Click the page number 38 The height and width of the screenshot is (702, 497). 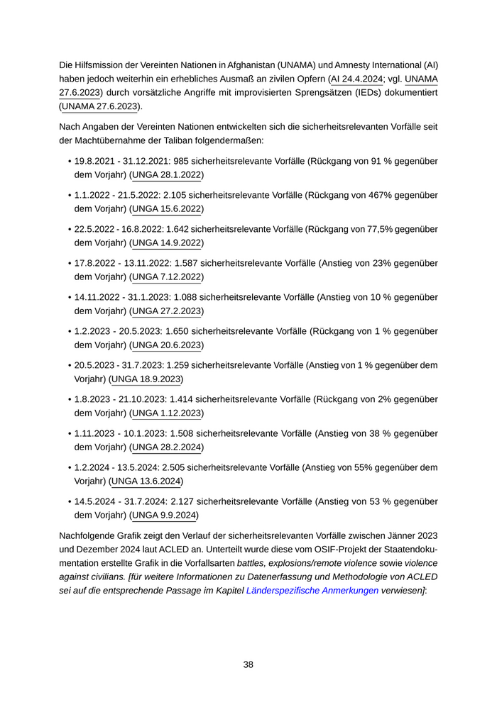coord(248,664)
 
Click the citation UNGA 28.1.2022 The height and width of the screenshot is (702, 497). coord(168,175)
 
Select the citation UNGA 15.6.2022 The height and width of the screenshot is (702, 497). coord(168,209)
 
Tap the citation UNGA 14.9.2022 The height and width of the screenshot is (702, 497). coord(168,243)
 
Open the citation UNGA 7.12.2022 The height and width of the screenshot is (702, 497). coord(168,277)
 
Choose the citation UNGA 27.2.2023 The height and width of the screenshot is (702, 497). coord(168,311)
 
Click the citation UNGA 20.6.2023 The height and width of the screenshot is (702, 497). coord(168,345)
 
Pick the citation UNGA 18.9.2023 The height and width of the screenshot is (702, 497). coord(147,379)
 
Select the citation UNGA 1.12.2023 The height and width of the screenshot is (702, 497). coord(168,413)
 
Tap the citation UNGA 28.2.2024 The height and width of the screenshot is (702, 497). coord(168,447)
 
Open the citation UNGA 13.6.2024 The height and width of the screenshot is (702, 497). coord(147,481)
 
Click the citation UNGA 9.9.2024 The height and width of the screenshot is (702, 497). coord(165,516)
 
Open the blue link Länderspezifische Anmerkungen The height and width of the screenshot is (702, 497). coord(312,589)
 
